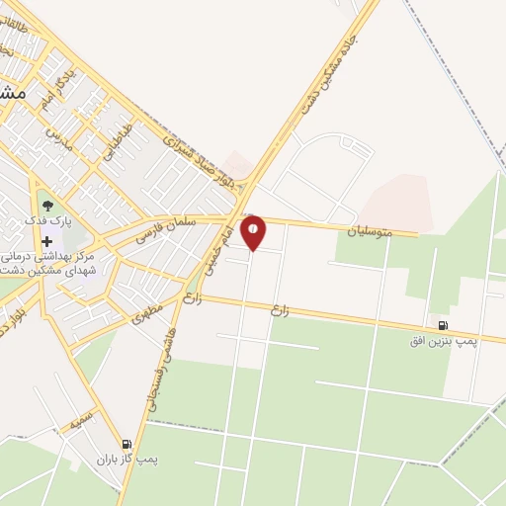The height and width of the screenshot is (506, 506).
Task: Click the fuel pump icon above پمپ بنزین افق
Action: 441,325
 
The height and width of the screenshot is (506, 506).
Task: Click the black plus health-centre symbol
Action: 46,241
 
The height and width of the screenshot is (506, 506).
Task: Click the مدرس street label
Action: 59,137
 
